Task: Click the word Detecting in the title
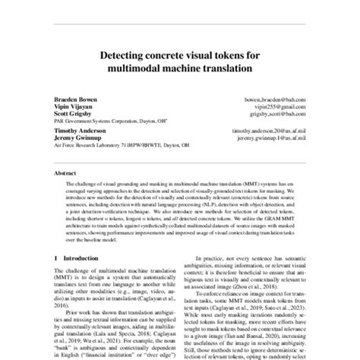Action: pos(125,55)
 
